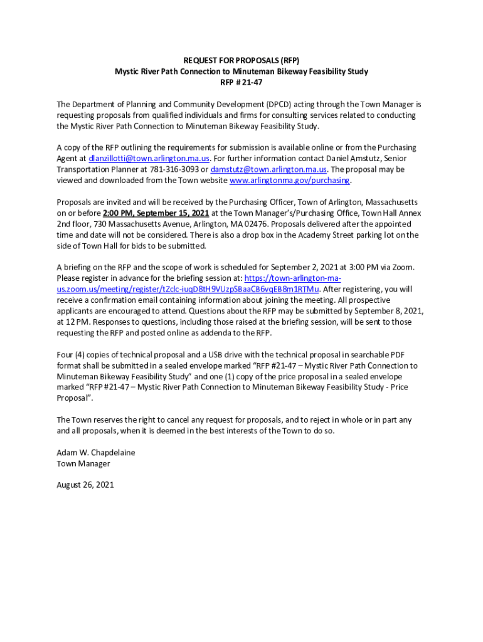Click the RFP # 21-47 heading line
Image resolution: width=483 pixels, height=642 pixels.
[x=241, y=82]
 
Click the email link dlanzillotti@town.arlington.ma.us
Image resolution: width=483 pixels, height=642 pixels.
[x=149, y=159]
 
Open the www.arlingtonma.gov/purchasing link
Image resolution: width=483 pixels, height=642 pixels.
[x=290, y=181]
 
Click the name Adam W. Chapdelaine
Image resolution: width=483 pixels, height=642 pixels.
[x=96, y=452]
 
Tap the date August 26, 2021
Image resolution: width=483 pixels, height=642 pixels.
[x=85, y=485]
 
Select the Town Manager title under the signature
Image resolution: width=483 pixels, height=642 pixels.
[x=83, y=463]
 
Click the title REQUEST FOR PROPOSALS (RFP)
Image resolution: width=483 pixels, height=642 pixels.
[x=241, y=60]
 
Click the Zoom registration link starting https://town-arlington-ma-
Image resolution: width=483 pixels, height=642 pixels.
[x=292, y=278]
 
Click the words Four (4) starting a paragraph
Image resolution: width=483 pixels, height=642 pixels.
[x=72, y=354]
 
